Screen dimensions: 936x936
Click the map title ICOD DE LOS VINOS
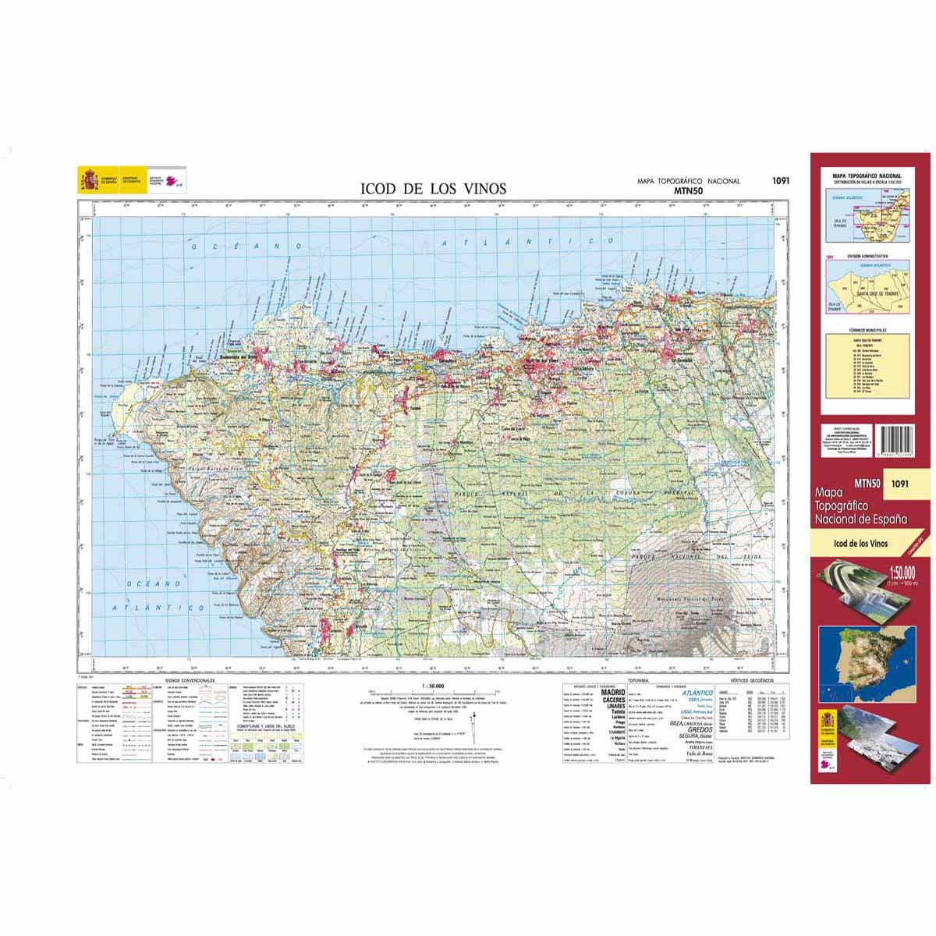pyautogui.click(x=433, y=189)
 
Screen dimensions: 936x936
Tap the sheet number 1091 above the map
pyautogui.click(x=781, y=181)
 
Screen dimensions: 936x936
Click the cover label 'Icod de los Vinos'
pyautogui.click(x=860, y=544)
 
